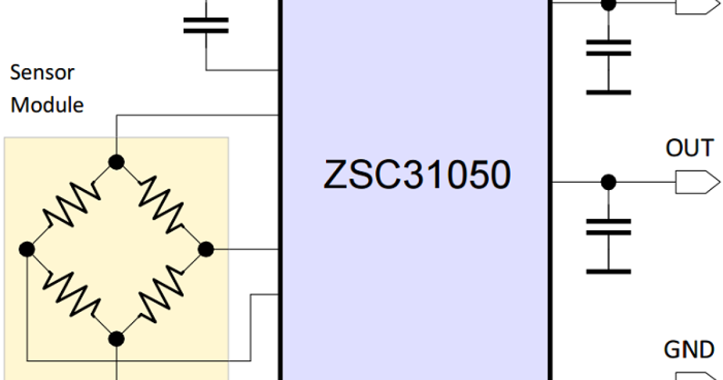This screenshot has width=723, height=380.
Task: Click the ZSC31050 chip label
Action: point(416,175)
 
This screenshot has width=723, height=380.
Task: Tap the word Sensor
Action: point(42,73)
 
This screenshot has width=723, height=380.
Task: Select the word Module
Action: point(47,105)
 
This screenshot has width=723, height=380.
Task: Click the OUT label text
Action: point(689,148)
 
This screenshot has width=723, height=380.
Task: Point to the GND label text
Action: point(689,350)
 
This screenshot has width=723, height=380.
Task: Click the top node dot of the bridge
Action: point(116,162)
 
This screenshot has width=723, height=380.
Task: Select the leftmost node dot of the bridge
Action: point(27,249)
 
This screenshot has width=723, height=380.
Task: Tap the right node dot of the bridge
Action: point(205,249)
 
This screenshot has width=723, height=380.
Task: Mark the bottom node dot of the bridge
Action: point(116,338)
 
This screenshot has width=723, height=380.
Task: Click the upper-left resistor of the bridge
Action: point(71,205)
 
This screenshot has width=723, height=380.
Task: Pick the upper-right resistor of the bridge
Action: point(161,205)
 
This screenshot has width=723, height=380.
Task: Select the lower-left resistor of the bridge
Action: point(71,294)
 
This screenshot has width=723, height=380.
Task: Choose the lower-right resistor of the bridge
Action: point(161,294)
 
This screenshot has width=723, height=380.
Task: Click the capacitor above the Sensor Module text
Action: point(205,25)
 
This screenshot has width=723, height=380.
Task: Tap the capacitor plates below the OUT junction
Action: point(609,227)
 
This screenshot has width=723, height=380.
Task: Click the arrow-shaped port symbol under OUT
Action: point(696,182)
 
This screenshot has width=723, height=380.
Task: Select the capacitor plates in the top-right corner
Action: point(609,48)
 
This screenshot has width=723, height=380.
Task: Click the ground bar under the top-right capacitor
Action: point(609,92)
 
